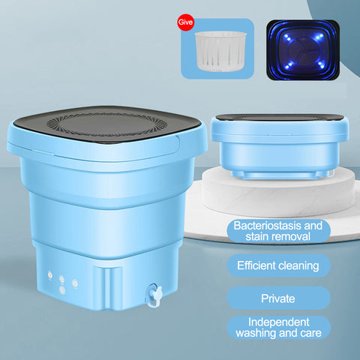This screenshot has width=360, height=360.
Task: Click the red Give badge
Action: click(x=186, y=22)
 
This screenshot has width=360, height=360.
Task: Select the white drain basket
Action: click(x=220, y=51)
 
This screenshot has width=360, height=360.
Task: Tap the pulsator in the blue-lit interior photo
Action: click(x=303, y=51)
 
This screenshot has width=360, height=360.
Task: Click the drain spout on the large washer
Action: click(x=154, y=294)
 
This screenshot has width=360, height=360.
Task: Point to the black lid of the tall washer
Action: click(x=107, y=124)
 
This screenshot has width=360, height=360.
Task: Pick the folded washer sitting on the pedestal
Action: click(x=280, y=145)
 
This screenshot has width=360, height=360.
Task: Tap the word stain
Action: click(x=256, y=236)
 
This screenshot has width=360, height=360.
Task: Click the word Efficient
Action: click(x=256, y=265)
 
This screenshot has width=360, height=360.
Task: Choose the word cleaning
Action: click(x=298, y=266)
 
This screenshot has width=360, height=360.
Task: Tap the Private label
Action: click(x=278, y=298)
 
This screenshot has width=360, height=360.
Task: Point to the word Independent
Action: click(x=279, y=322)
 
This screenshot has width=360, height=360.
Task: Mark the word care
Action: click(x=311, y=333)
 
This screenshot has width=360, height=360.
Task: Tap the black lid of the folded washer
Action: click(x=280, y=118)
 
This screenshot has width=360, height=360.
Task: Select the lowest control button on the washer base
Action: click(x=62, y=290)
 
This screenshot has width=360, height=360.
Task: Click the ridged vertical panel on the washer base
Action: click(x=108, y=287)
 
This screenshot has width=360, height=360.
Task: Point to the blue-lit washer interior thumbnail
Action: click(x=303, y=50)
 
